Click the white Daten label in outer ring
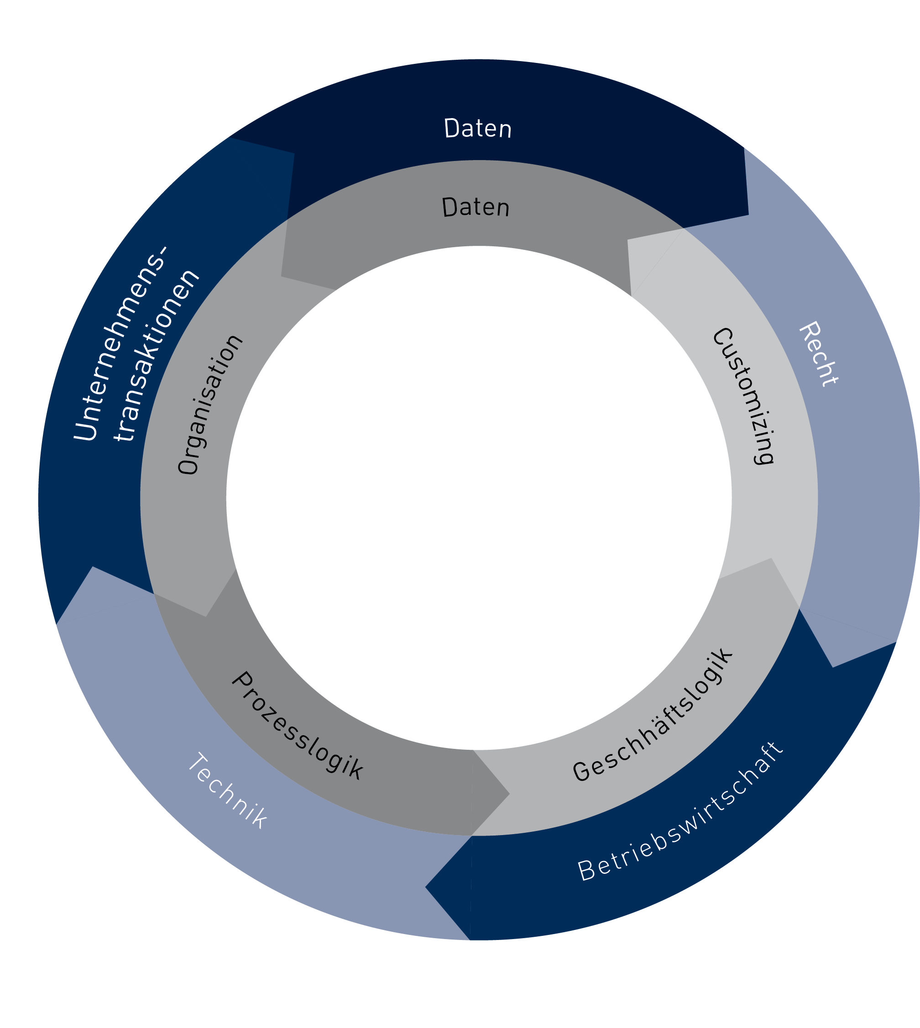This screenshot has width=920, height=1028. coord(478,128)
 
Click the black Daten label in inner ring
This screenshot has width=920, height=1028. coord(475,207)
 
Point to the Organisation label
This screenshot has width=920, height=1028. coord(210,404)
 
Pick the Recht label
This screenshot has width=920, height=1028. coord(818,354)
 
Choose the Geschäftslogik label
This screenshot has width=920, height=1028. coord(653,714)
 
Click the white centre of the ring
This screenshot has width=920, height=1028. coord(478,498)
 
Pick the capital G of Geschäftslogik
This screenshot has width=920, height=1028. coord(582,770)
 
